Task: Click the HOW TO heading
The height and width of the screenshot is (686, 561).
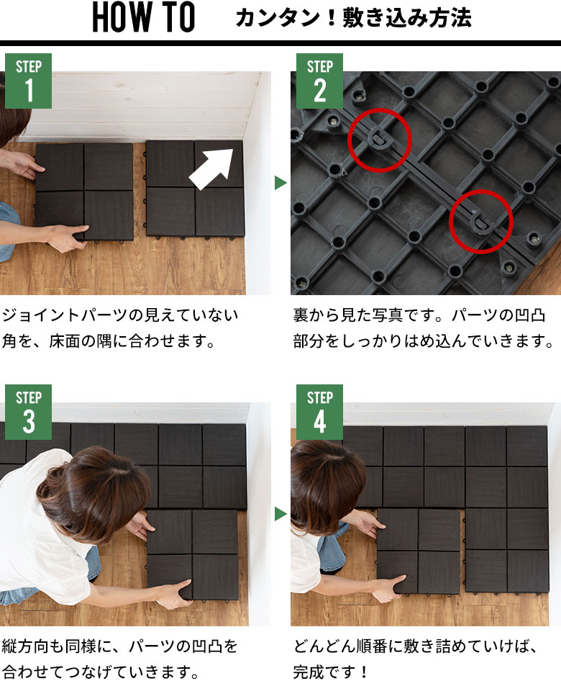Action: coord(143,17)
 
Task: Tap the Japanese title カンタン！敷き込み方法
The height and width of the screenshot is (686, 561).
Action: coord(353,19)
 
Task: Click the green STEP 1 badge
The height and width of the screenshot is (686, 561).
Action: coord(29,81)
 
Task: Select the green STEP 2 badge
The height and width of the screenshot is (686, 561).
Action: coord(319,81)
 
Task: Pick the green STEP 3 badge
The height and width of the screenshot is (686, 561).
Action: coord(29,412)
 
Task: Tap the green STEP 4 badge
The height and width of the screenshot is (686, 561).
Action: coord(319,412)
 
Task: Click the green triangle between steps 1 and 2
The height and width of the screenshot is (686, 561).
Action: coord(280,183)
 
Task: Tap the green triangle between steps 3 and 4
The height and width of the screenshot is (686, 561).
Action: coord(280,514)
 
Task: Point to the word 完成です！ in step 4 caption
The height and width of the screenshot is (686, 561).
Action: coord(330,672)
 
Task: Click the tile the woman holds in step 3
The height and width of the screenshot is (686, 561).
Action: coord(192,554)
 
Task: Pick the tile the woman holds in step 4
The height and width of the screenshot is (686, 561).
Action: coord(419,551)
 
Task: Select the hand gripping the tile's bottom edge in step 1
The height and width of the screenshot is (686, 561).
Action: coord(66,238)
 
